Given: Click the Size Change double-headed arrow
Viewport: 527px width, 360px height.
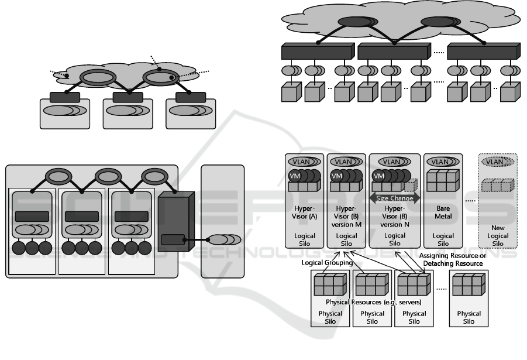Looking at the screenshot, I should (394, 198).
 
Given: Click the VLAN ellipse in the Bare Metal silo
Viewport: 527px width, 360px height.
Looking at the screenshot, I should (442, 162).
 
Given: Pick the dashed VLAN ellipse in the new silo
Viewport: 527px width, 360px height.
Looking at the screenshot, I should (498, 162).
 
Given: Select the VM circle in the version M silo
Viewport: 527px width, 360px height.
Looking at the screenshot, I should (337, 176).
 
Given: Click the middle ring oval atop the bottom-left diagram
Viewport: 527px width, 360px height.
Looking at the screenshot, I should (109, 175).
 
